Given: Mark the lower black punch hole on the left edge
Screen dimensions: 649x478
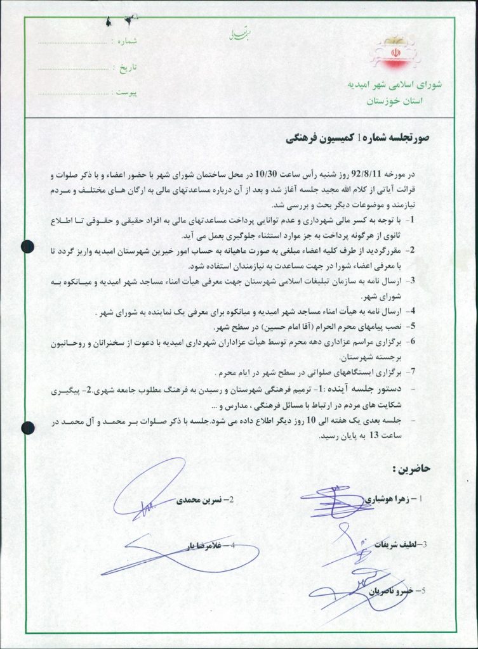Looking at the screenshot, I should coord(27,428).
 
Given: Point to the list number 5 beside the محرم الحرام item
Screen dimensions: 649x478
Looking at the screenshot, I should coord(413,326).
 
